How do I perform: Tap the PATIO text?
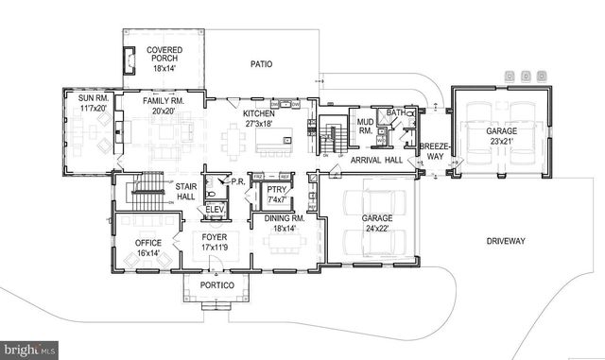pos(261,64)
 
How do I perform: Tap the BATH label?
pos(395,112)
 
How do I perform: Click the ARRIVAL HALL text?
pos(377,161)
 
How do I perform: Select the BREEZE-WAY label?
pos(433,151)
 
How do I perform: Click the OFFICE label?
pos(148,243)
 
